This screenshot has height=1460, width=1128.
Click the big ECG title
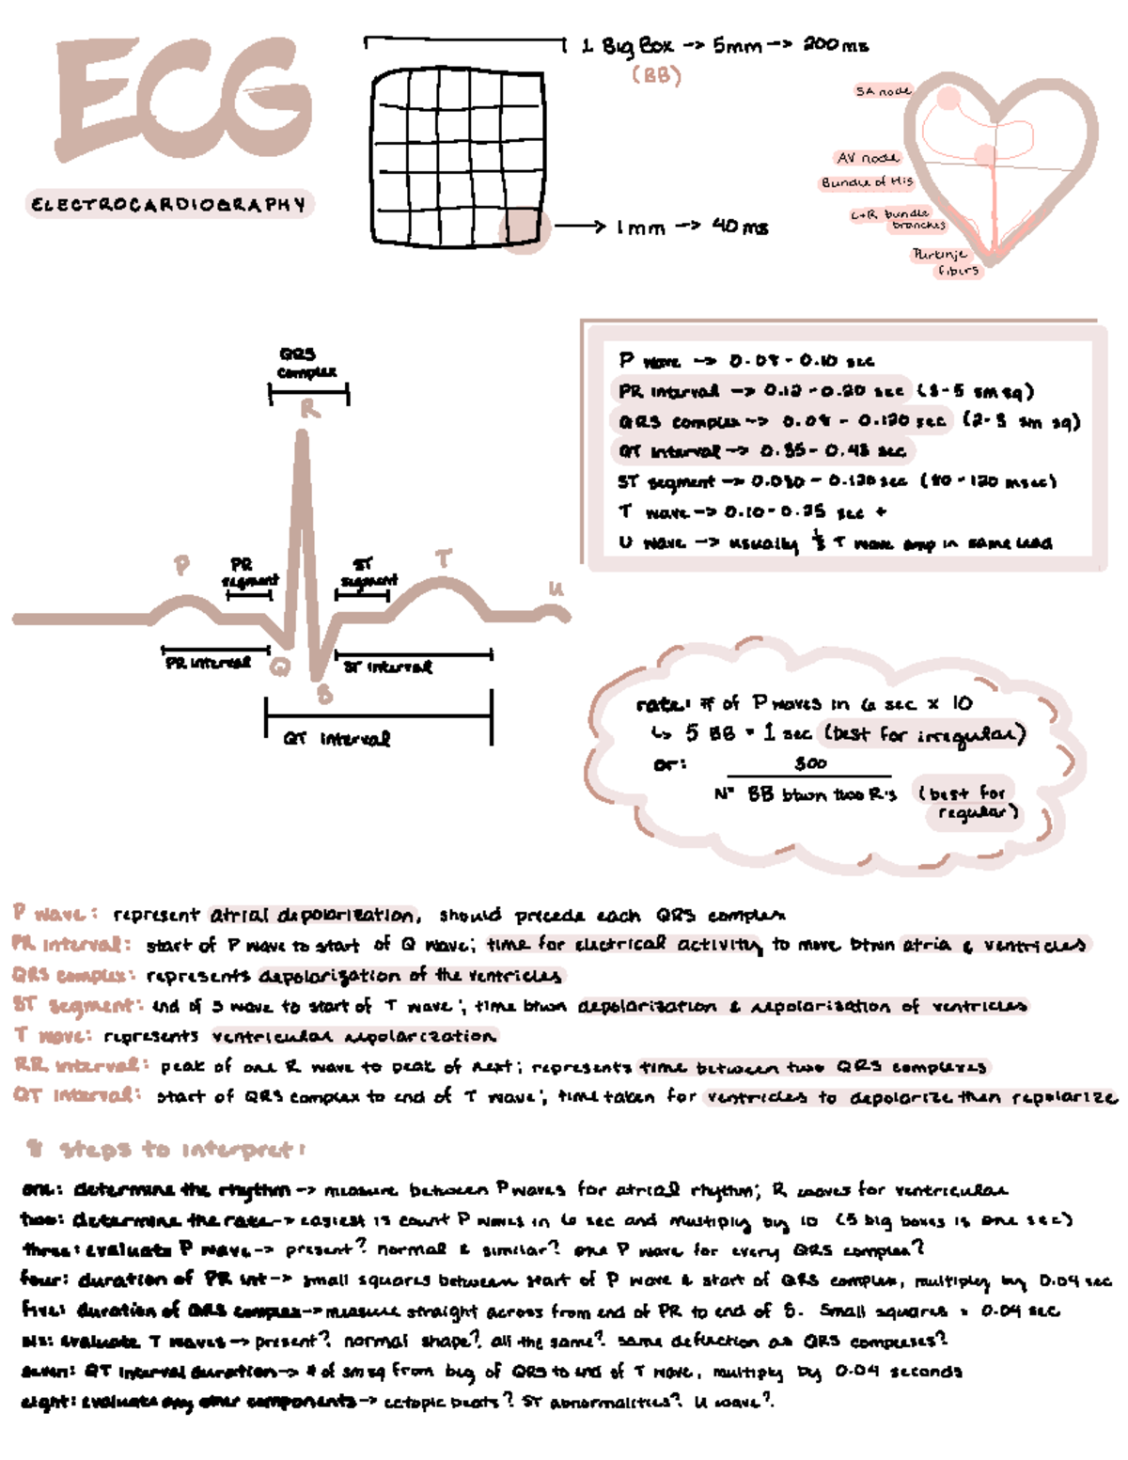[183, 102]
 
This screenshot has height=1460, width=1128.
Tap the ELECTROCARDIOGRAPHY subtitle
[169, 204]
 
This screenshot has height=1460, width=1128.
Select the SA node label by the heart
[882, 91]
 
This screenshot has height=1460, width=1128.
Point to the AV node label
[867, 158]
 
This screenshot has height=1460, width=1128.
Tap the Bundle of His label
[866, 181]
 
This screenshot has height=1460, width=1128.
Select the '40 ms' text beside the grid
[740, 227]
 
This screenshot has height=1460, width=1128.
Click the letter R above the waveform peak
[309, 410]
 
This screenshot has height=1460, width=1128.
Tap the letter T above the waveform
[443, 558]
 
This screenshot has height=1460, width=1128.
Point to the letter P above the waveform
[181, 565]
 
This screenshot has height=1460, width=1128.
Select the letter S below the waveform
[324, 695]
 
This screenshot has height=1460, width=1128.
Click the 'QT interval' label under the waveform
[337, 739]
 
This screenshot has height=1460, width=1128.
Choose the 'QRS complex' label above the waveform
[306, 363]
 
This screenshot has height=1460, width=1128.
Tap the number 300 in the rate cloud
[809, 763]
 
